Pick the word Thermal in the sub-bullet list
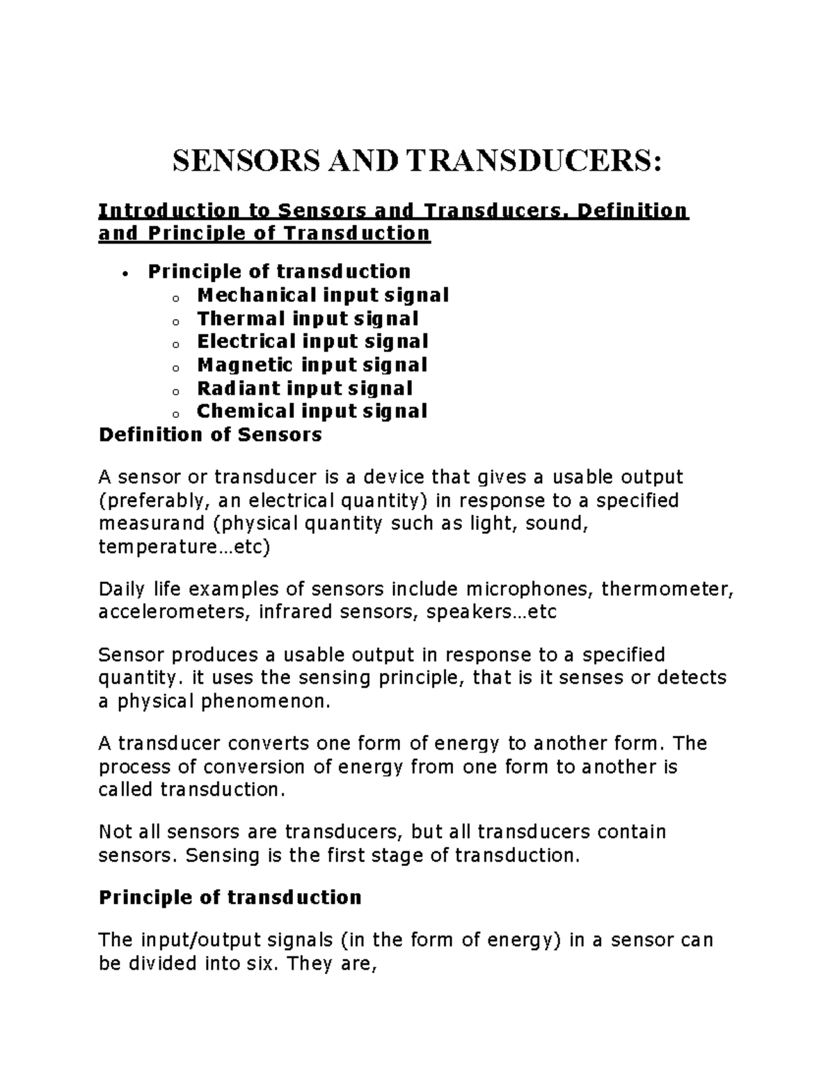coord(241,318)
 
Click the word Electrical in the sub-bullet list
coord(246,342)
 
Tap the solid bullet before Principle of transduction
coord(125,273)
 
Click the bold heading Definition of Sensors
coord(210,435)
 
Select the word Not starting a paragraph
coord(115,832)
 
